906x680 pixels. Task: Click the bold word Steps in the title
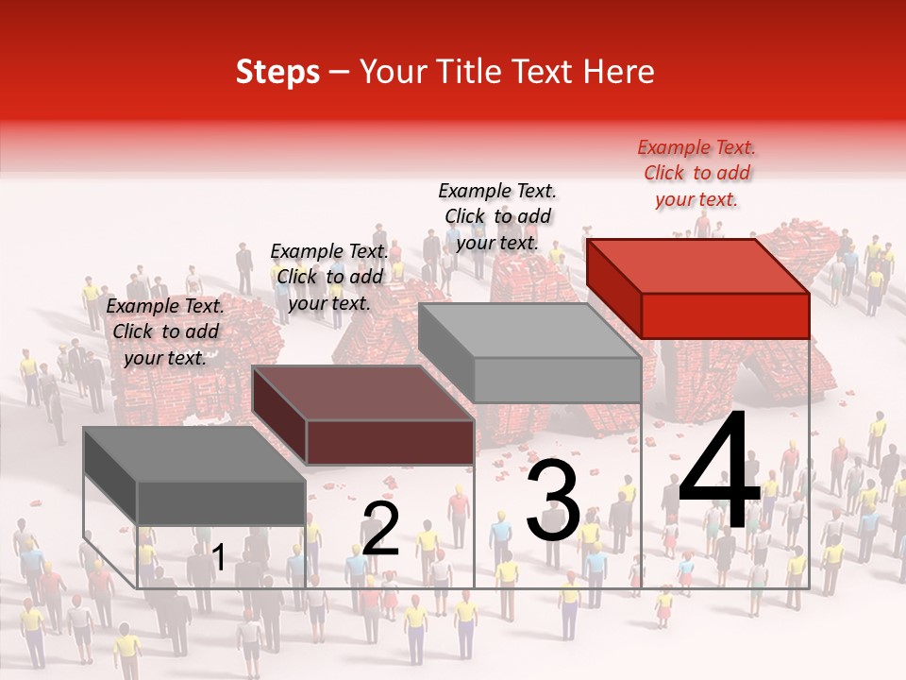[x=277, y=72]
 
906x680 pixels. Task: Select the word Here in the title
[x=617, y=72]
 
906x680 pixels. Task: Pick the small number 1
[x=219, y=557]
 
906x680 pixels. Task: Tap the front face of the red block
[x=725, y=315]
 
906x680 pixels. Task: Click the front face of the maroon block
[x=389, y=442]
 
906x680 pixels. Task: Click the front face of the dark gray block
[x=221, y=502]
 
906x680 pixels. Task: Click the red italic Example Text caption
[x=696, y=173]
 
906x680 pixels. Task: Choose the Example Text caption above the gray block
[x=497, y=216]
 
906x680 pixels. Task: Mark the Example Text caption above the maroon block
[x=329, y=277]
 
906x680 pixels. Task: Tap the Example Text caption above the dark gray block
[x=165, y=331]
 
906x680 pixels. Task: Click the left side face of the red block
[x=614, y=288]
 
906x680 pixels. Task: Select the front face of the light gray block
[x=557, y=380]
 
